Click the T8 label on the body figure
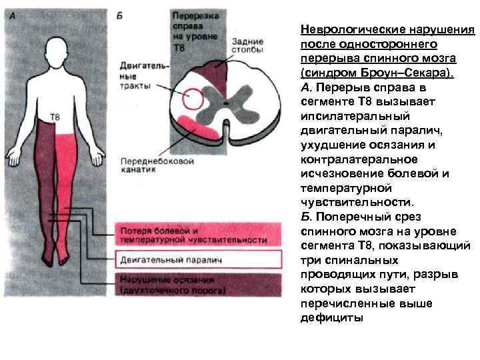click(45, 117)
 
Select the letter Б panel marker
click(119, 15)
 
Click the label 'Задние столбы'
click(247, 44)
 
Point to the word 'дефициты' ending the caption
click(332, 317)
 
